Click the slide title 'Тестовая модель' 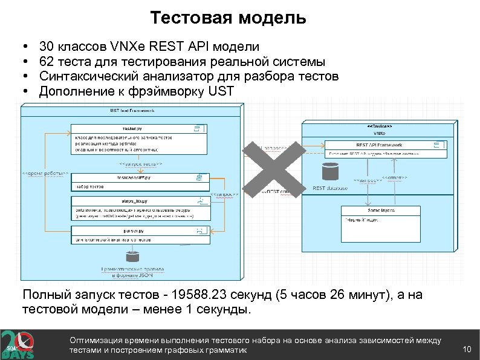pos(228,18)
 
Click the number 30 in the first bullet pos(46,46)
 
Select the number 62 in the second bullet pos(46,62)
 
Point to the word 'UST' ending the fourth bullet pos(219,92)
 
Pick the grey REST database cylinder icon pos(330,172)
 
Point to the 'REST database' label pos(330,188)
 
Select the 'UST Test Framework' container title pos(132,110)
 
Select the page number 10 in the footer pos(466,349)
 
